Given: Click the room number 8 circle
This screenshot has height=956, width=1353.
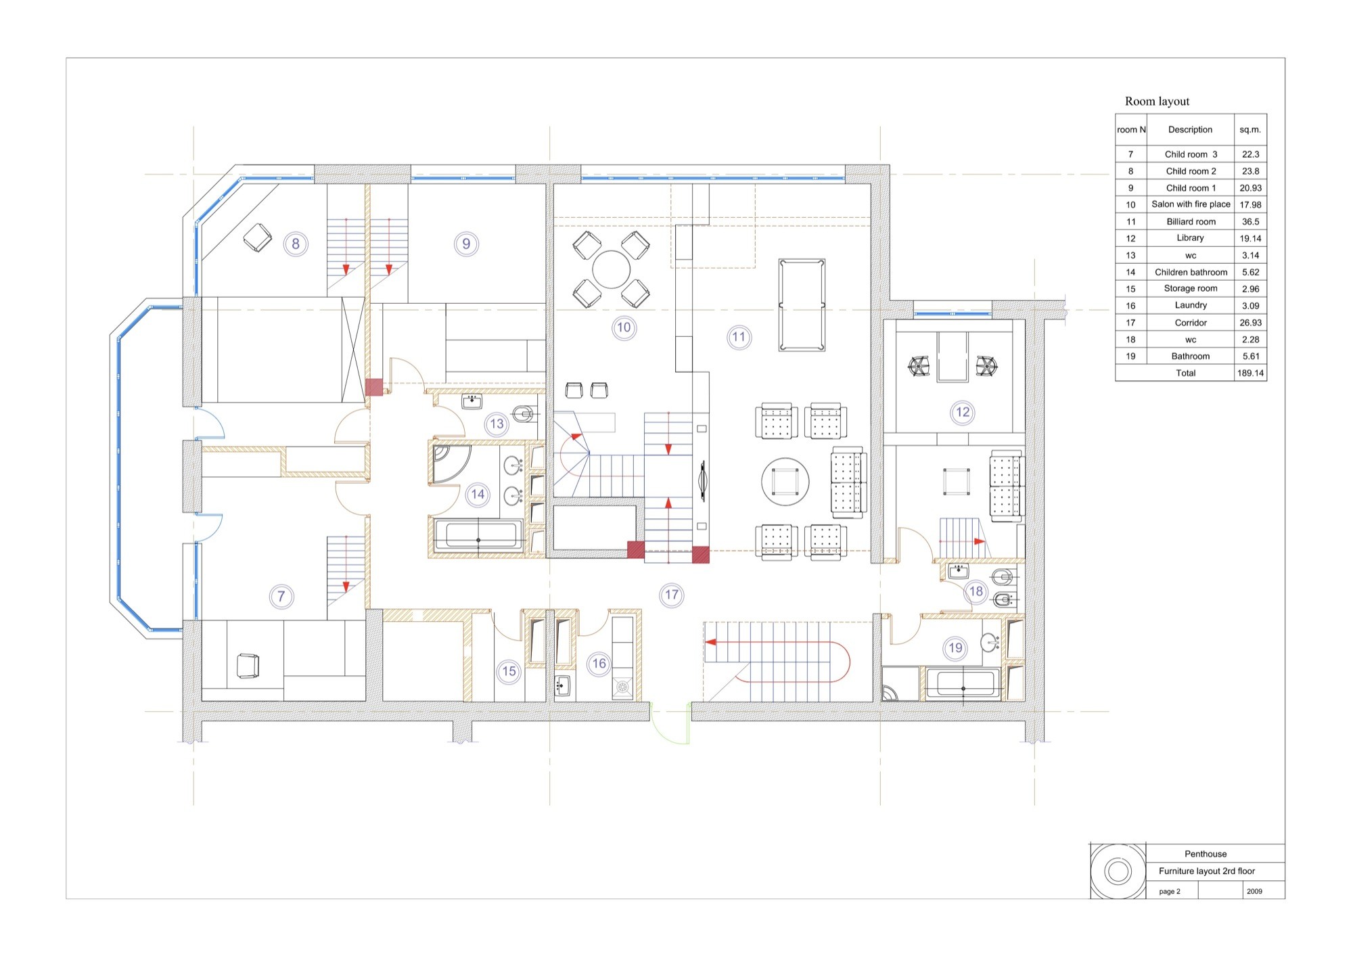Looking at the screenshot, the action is pos(296,244).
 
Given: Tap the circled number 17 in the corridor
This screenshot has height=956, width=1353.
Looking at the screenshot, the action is pos(671,595).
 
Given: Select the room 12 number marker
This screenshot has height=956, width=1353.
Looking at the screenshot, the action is pos(963,412).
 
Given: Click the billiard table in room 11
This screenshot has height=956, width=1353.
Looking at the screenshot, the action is pos(802,304).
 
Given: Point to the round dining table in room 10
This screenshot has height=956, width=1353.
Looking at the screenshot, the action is pos(612,269).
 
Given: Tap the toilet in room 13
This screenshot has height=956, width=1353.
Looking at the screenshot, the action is pos(523,413).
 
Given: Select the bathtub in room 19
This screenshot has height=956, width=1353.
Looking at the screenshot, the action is pos(963,683).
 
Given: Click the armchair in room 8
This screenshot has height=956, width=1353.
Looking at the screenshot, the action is pos(257,237).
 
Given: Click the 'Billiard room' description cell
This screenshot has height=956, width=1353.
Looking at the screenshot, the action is pos(1191,221).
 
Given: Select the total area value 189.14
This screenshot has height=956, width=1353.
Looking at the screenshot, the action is pos(1250,373).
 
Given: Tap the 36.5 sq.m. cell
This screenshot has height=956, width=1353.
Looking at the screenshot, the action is pos(1250,221).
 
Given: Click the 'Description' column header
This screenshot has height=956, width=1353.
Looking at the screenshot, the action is pos(1190,129).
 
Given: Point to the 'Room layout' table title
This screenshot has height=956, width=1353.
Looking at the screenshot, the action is pos(1157,101).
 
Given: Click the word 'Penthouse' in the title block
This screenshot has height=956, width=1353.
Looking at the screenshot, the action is pos(1206,854).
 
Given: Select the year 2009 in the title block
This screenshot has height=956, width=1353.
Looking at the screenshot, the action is pos(1254,891).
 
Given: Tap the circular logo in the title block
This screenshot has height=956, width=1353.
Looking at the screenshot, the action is pos(1118,871).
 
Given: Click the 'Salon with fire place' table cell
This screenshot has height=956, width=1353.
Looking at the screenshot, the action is pos(1191,204).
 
